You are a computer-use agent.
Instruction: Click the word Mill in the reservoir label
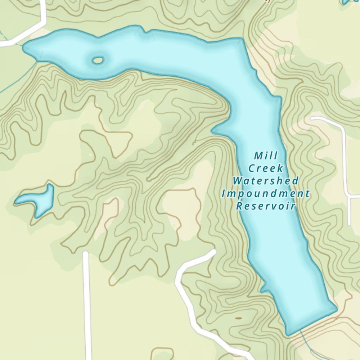click(x=266, y=156)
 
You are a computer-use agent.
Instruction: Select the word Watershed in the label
click(x=266, y=180)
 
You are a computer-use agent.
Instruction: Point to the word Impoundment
click(x=266, y=194)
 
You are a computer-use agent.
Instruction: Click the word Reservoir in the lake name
click(x=266, y=206)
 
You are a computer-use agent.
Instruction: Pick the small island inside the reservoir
click(x=97, y=60)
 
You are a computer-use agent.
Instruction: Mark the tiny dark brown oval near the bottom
click(x=238, y=318)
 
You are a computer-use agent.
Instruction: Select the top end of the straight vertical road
click(x=85, y=253)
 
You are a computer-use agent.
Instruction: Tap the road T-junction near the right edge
click(x=348, y=196)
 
